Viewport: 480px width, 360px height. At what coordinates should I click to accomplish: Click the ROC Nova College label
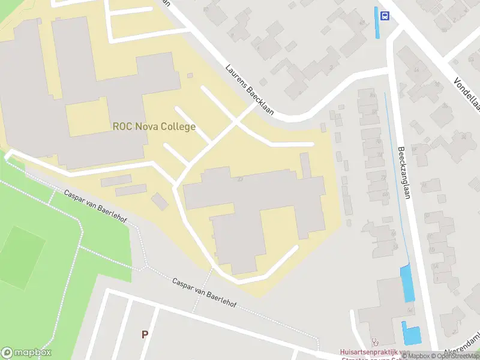tap(154, 127)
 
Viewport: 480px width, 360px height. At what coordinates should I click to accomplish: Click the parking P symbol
tap(144, 334)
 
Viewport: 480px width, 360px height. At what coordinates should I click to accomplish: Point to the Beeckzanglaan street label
tap(406, 174)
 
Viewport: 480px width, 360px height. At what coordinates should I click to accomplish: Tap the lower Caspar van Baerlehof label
tap(204, 293)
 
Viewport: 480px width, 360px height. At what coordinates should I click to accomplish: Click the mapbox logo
tap(26, 353)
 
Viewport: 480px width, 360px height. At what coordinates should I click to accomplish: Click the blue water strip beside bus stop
tap(377, 23)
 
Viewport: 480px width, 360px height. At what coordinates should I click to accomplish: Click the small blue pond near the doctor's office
tap(412, 334)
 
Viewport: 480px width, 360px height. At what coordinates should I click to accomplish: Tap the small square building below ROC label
tap(160, 201)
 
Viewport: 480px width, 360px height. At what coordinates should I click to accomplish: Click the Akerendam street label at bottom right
tap(461, 350)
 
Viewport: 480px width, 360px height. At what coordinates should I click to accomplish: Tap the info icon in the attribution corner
tap(397, 356)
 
